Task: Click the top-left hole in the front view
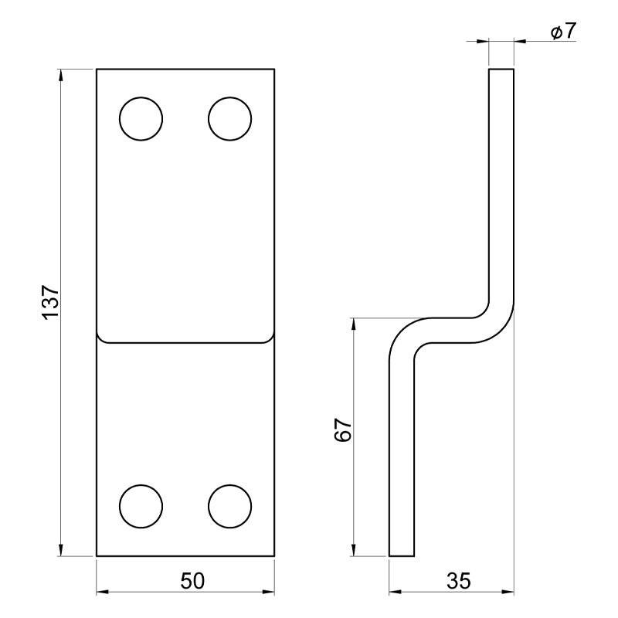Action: (141, 119)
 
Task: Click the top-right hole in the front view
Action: (230, 119)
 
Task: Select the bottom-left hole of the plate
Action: (141, 506)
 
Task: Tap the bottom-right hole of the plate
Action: (230, 506)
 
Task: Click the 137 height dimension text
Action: (49, 302)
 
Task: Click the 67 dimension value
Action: (344, 430)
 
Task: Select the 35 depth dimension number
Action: (458, 581)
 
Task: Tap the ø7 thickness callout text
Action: (563, 32)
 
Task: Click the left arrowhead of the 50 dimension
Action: (102, 593)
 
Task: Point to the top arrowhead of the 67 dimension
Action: (353, 324)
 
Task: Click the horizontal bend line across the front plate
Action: (185, 341)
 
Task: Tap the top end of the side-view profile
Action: (501, 70)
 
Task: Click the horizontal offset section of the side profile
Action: (452, 329)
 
